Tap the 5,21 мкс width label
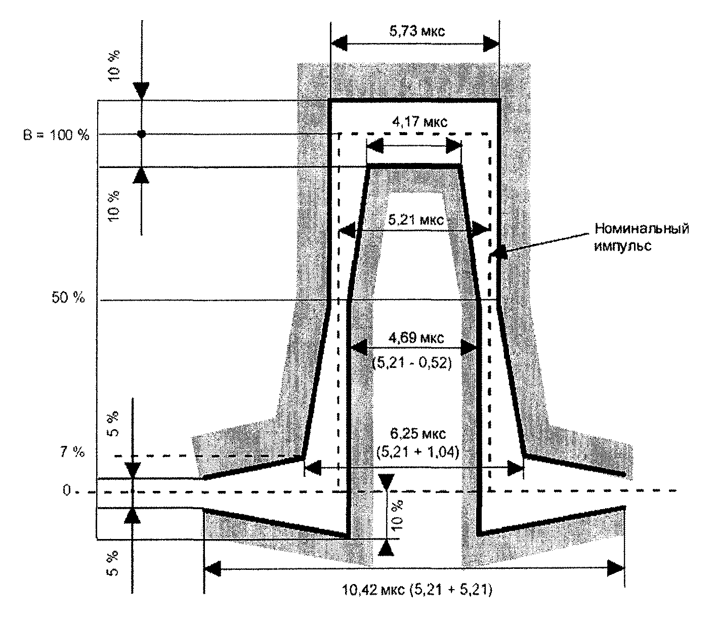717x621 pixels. click(x=416, y=220)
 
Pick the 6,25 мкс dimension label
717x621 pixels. click(x=417, y=434)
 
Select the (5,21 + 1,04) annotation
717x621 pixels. click(x=417, y=452)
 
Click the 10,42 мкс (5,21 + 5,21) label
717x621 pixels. click(x=417, y=590)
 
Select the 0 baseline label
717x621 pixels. click(x=67, y=490)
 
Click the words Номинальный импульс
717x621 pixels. click(x=642, y=237)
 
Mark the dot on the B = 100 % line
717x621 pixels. click(x=142, y=134)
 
